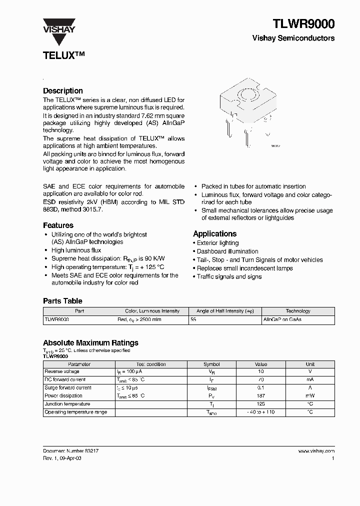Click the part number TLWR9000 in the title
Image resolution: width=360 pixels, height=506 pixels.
(303, 23)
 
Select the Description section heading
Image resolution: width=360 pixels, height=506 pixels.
(63, 90)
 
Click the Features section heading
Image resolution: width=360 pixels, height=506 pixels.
(58, 225)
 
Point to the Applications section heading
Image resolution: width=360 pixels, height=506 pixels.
(214, 233)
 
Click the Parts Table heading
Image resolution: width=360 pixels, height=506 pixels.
(62, 301)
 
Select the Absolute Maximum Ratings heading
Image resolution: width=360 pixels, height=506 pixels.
(90, 342)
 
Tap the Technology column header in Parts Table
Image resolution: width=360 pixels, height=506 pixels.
(298, 311)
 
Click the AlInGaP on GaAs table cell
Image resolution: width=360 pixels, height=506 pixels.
(282, 319)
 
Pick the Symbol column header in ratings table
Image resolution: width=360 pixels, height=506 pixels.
(211, 364)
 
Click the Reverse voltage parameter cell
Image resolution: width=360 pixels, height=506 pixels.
(62, 371)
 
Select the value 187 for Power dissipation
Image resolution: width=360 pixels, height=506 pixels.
(261, 396)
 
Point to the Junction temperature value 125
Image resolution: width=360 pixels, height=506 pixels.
(261, 404)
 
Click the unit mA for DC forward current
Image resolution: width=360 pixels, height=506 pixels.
(310, 379)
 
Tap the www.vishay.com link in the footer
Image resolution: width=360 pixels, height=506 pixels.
(316, 450)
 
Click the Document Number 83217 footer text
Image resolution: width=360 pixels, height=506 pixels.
(70, 450)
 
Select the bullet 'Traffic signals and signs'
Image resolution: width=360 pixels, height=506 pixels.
(229, 276)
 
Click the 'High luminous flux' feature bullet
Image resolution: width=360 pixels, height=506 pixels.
(76, 250)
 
